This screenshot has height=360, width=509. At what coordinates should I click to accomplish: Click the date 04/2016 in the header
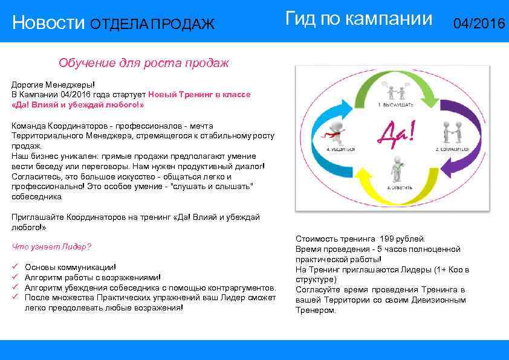pos(479,24)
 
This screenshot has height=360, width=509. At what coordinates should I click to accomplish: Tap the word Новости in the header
pos(48,24)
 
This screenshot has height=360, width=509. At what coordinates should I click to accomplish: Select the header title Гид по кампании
pos(358,19)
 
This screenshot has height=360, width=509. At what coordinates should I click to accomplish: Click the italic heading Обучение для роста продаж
pos(143,63)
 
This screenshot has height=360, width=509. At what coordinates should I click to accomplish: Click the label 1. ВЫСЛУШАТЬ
pos(396,105)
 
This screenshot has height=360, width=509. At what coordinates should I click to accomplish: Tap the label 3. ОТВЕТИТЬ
pos(400,188)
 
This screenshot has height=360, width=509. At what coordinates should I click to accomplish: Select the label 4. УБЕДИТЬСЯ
pos(340,149)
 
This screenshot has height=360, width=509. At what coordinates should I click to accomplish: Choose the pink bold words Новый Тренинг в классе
pos(199,95)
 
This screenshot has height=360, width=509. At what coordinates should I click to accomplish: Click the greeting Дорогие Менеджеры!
pos(53,85)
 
